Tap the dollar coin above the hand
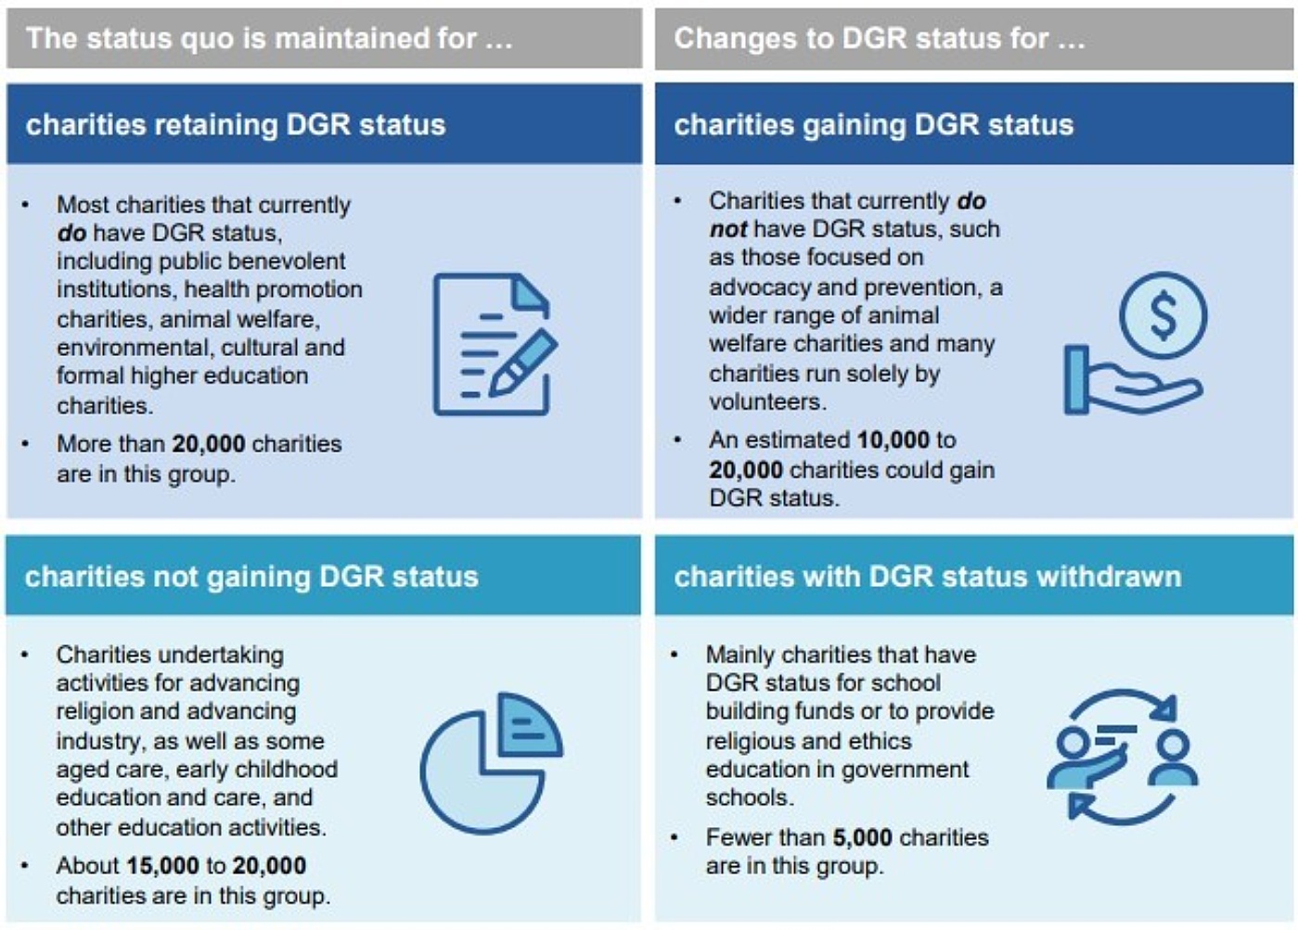[x=1163, y=315]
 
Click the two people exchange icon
[x=1122, y=757]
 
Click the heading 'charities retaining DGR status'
[x=236, y=125]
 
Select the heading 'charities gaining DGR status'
[x=873, y=125]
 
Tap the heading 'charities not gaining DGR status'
[x=251, y=577]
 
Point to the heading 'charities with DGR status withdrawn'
[x=927, y=577]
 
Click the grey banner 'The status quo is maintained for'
[x=269, y=38]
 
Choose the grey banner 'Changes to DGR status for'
[x=879, y=38]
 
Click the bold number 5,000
[x=862, y=837]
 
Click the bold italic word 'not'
[x=727, y=229]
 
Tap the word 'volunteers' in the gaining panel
[x=766, y=401]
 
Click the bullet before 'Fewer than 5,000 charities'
[x=675, y=837]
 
